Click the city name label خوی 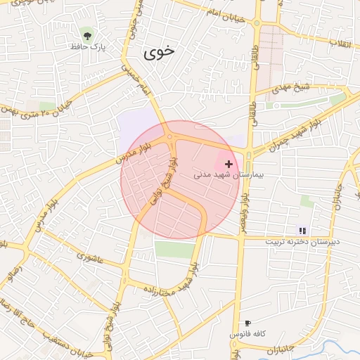tap(158, 52)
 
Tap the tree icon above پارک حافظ tap(87, 34)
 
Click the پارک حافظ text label tap(87, 46)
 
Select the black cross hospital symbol tap(229, 163)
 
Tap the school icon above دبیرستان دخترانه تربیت tap(302, 230)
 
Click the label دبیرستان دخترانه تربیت tap(302, 241)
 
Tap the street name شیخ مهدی tap(291, 89)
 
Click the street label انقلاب tap(345, 43)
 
